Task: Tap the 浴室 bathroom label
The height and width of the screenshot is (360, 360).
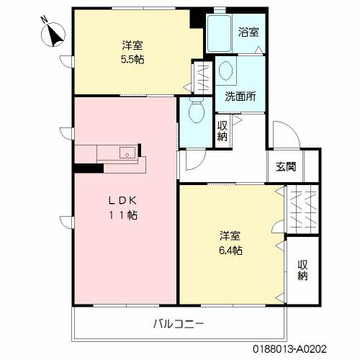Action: [249, 32]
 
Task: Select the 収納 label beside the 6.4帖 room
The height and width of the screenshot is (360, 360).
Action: [303, 269]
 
